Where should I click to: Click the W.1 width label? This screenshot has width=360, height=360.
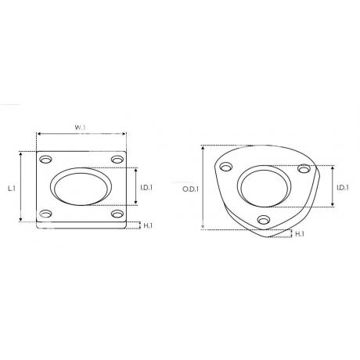(80, 126)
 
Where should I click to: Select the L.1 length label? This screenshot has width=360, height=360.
(12, 188)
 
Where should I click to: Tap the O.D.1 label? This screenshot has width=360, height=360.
(190, 189)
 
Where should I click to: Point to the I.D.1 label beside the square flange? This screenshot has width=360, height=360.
(146, 188)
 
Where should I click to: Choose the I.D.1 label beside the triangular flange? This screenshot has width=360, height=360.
(341, 188)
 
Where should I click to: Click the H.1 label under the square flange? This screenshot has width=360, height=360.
(147, 226)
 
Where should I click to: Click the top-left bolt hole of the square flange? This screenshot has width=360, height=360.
(45, 160)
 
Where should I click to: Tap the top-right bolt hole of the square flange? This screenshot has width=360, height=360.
(117, 160)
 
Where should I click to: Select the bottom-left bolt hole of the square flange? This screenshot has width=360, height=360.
(45, 214)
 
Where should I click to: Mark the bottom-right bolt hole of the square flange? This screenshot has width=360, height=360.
(117, 214)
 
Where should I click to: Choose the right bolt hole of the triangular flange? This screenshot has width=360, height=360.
(305, 168)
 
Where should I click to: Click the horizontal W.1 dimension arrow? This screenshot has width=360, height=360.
(80, 135)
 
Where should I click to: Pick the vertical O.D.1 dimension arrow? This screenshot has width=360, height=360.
(203, 188)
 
